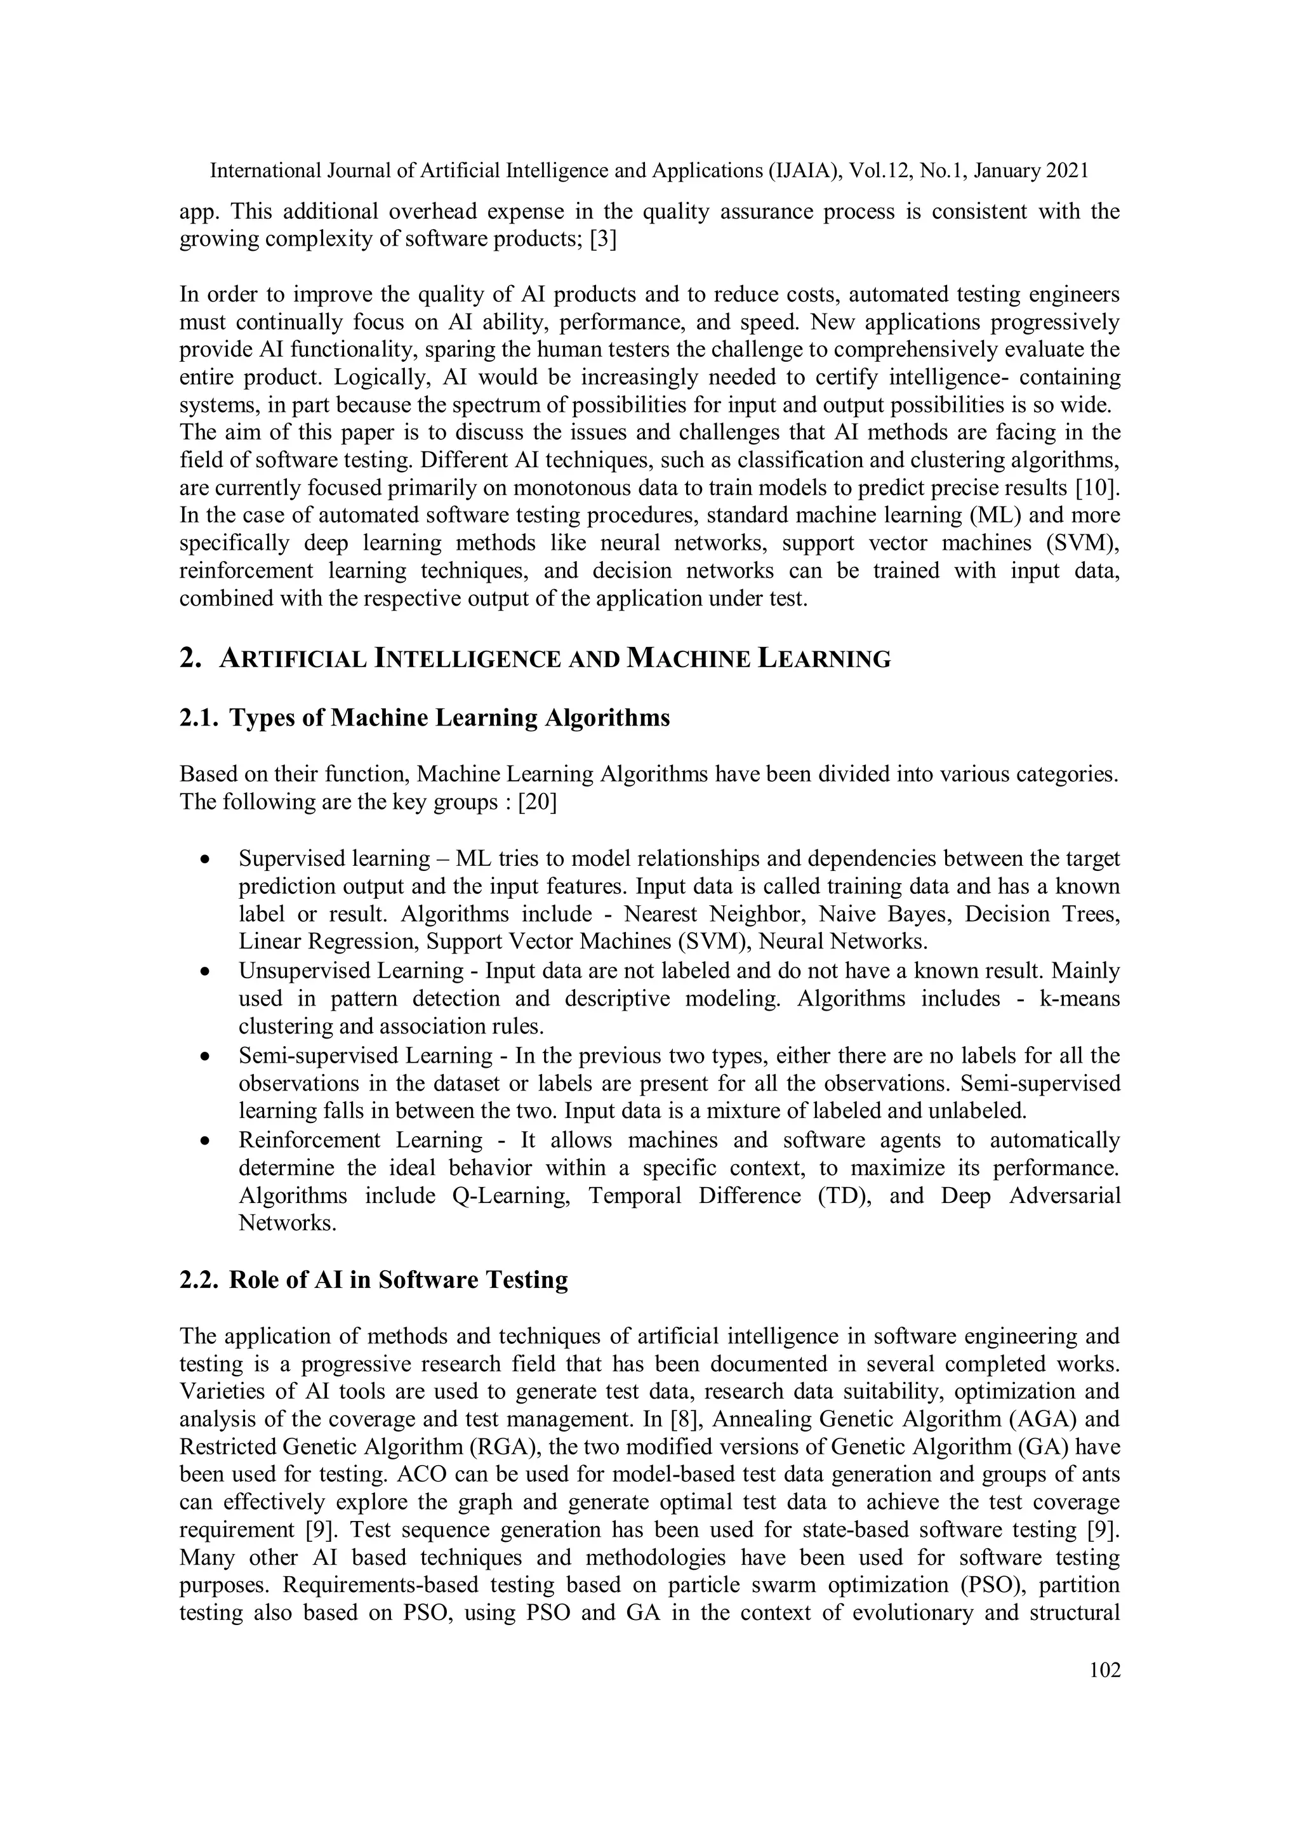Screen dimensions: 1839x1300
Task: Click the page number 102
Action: tap(1104, 1670)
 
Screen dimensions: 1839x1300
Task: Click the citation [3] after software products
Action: tap(602, 239)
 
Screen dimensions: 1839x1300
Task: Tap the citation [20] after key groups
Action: tap(536, 802)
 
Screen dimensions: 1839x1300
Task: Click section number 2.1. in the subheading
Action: tap(199, 718)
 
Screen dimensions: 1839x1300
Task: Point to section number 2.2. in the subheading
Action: tap(199, 1280)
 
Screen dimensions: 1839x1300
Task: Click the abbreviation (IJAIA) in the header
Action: tap(802, 171)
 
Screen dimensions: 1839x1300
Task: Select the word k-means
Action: tap(1079, 999)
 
